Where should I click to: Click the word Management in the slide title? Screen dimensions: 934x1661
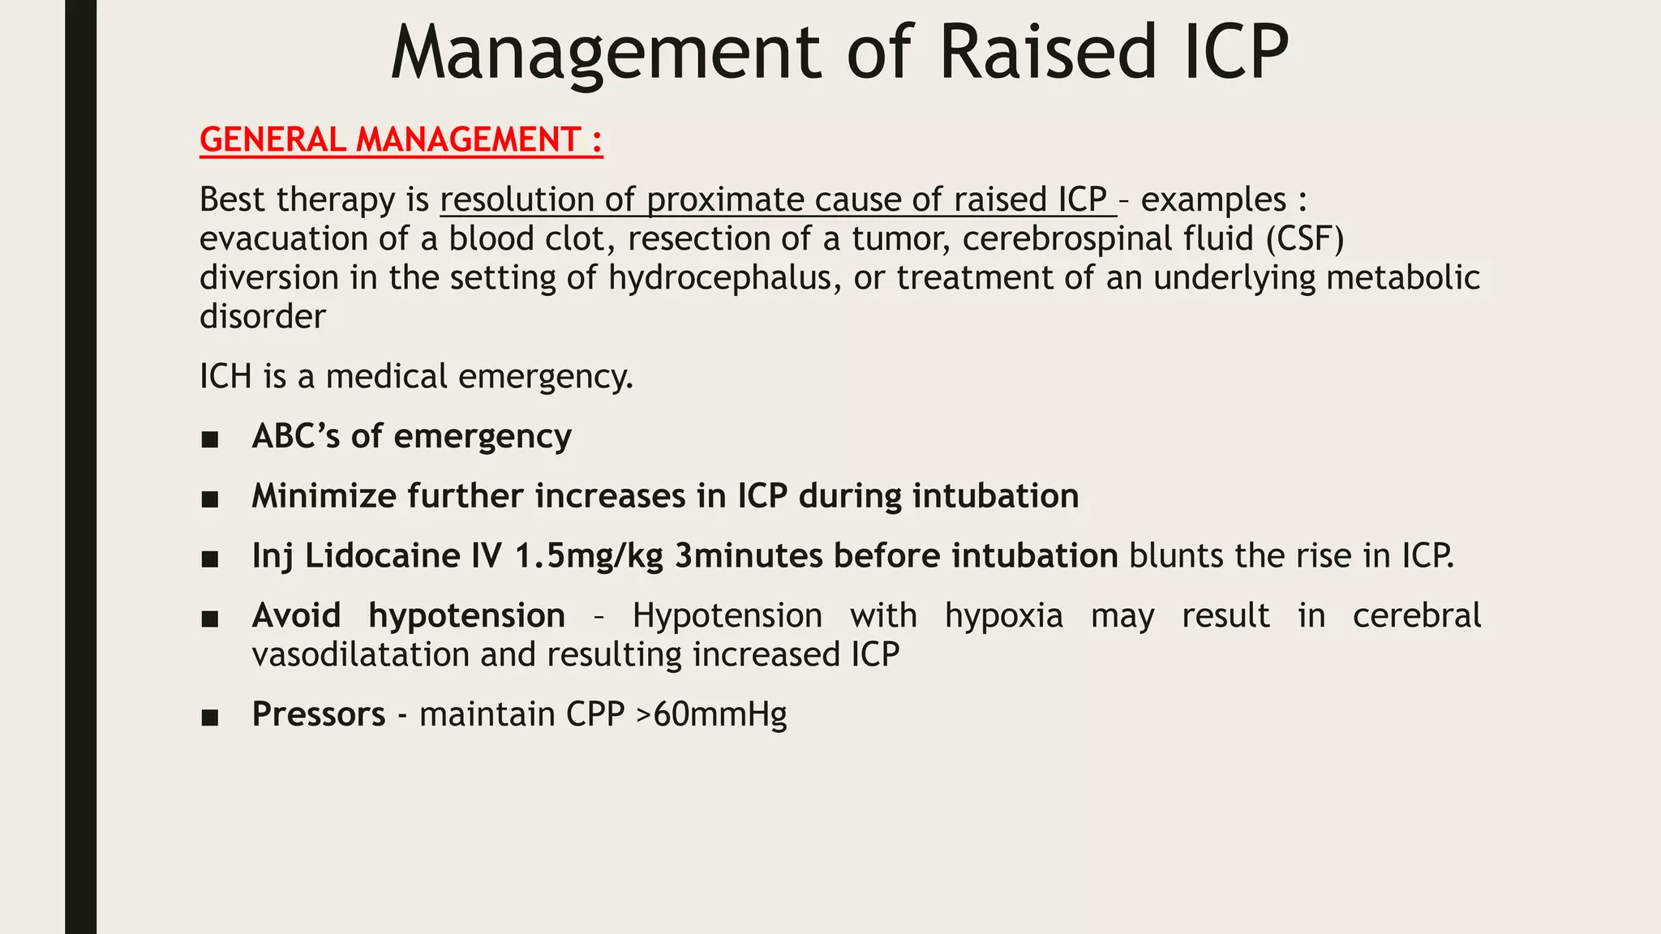click(605, 54)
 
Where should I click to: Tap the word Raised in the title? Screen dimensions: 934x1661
click(1047, 54)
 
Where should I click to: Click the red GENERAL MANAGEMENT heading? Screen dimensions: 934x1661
click(401, 139)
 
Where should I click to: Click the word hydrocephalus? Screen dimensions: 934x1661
click(720, 277)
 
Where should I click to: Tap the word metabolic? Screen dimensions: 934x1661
click(1402, 277)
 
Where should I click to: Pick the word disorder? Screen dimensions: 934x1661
click(262, 316)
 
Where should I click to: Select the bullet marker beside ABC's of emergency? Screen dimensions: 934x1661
click(210, 439)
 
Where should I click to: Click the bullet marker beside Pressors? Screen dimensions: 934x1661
click(210, 717)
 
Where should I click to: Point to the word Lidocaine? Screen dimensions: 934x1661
click(382, 556)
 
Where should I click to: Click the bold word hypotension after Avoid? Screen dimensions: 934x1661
click(466, 616)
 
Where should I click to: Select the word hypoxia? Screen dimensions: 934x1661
click(1003, 616)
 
